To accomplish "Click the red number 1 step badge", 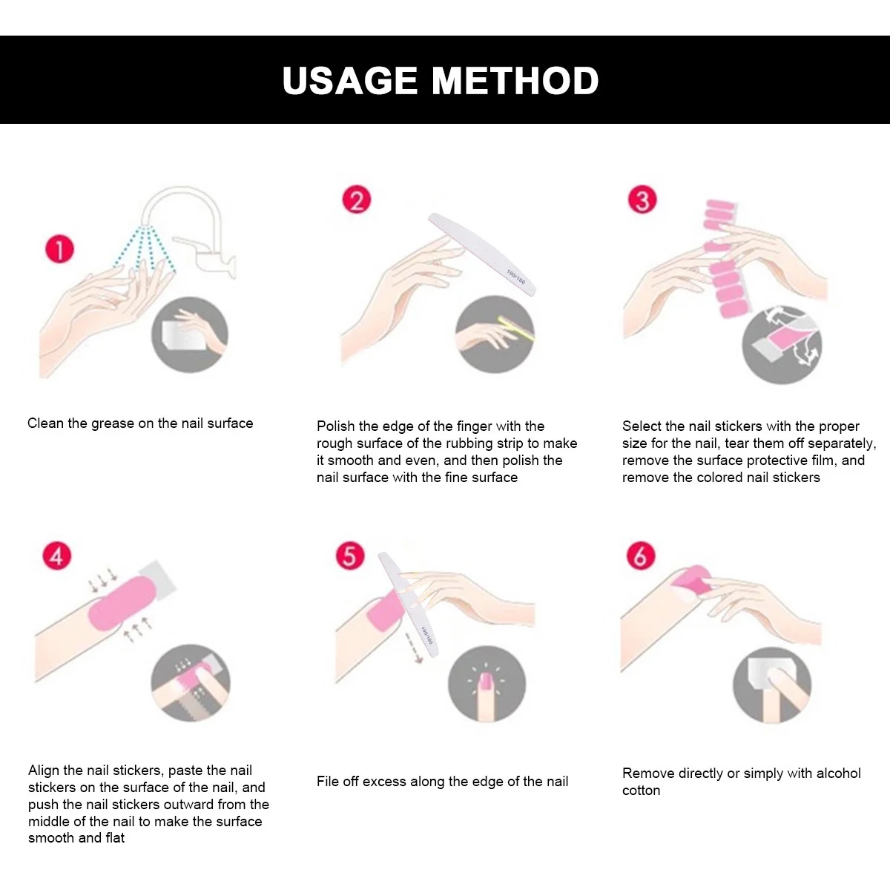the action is [x=59, y=249].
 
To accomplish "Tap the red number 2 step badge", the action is [x=357, y=200].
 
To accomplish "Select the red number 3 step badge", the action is [x=642, y=200].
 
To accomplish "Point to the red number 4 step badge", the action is [x=57, y=556].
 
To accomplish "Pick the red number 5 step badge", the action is [x=350, y=556].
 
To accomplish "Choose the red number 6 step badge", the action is [x=641, y=556].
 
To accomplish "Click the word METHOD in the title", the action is [x=515, y=80].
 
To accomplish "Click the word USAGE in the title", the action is [x=350, y=80].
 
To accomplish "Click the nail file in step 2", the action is [x=482, y=254].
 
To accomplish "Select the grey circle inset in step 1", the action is [x=190, y=334].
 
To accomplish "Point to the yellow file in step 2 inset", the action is [x=516, y=329].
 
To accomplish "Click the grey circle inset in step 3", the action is [x=782, y=345].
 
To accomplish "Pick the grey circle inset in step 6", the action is [x=772, y=685].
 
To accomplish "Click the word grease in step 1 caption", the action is [x=113, y=424].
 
